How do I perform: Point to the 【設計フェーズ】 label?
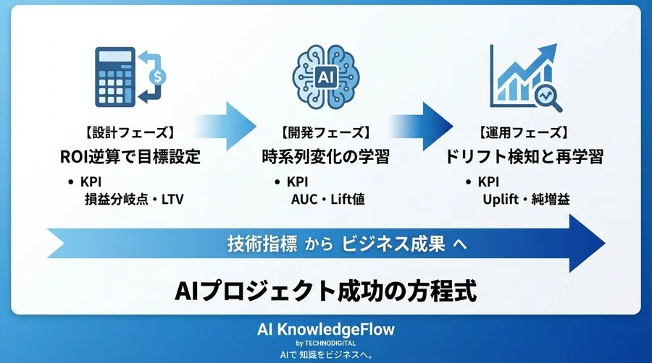129,134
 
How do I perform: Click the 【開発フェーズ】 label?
325,134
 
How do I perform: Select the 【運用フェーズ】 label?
522,134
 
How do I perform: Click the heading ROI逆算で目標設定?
129,156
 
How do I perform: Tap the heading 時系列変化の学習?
325,156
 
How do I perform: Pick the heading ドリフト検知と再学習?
522,156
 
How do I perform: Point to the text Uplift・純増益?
525,199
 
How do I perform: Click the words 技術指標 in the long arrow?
262,244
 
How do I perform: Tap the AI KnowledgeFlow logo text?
326,330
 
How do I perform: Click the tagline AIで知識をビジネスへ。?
326,354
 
